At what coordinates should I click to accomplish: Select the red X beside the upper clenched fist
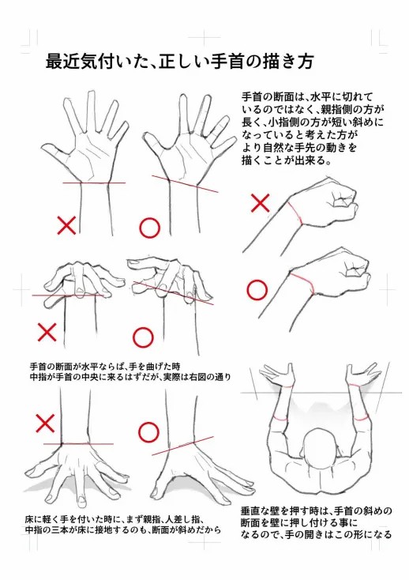260,203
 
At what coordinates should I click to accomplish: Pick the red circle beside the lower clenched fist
257,290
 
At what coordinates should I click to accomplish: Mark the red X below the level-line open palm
66,225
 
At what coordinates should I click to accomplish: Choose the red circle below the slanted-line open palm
150,228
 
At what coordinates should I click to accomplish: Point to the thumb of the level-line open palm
55,153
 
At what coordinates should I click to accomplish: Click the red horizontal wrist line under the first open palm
94,183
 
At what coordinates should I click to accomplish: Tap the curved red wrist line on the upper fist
297,213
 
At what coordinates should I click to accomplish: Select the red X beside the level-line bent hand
47,332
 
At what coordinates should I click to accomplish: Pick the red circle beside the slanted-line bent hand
143,337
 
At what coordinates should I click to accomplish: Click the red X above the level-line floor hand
45,424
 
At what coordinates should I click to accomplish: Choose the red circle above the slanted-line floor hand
148,432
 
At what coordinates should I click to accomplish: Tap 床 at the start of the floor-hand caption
29,518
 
